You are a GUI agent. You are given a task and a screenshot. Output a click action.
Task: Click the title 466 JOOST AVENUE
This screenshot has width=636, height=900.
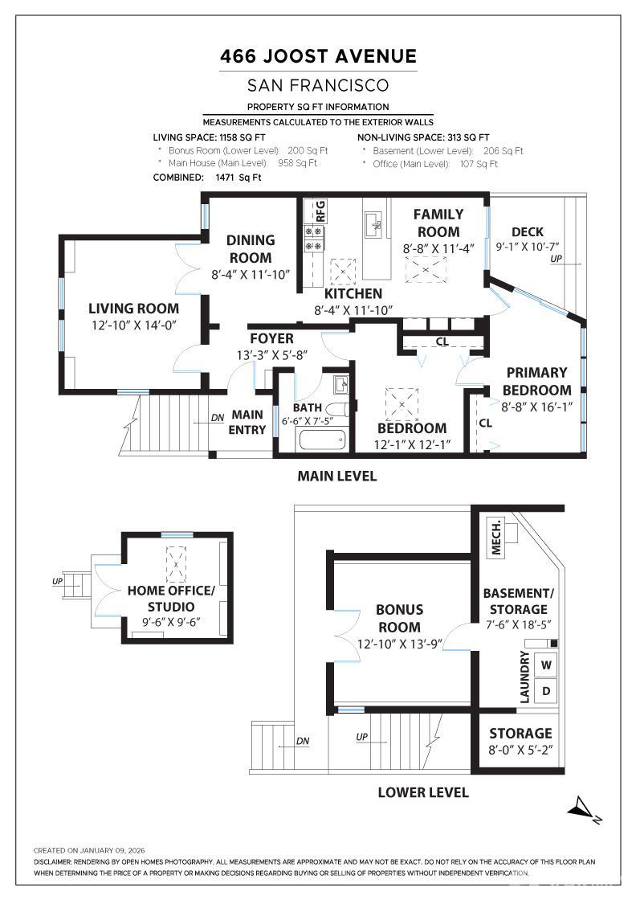click(319, 56)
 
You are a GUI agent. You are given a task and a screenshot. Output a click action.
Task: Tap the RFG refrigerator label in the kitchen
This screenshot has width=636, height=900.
click(320, 211)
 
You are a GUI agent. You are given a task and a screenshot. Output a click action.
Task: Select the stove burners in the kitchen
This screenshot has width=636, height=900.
click(313, 239)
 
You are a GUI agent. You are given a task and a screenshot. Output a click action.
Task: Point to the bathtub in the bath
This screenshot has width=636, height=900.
click(320, 440)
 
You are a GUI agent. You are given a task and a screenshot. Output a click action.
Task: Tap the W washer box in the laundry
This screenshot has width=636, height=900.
click(546, 665)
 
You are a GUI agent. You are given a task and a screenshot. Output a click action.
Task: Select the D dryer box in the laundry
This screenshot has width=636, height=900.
click(546, 690)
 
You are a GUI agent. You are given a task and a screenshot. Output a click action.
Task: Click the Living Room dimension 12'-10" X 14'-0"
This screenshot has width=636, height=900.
click(133, 325)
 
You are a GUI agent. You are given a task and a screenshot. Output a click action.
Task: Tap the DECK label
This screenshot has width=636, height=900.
click(528, 232)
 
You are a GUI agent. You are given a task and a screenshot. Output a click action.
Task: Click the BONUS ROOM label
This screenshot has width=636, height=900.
click(399, 618)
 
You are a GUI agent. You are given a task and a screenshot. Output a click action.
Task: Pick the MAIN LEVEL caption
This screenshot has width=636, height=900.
click(336, 476)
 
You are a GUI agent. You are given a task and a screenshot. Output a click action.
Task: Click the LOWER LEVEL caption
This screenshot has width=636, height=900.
click(423, 792)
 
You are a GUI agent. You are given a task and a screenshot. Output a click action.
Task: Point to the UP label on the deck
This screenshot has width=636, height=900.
click(556, 260)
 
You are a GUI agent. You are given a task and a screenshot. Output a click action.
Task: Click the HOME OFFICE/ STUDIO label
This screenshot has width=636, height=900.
click(171, 598)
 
